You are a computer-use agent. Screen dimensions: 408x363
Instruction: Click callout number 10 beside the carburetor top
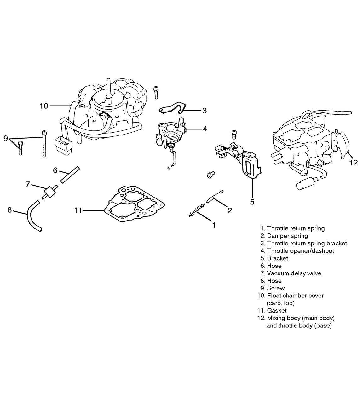pyautogui.click(x=44, y=106)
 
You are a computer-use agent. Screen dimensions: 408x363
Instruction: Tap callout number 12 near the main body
pyautogui.click(x=354, y=163)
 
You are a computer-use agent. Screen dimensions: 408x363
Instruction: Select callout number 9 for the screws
pyautogui.click(x=5, y=138)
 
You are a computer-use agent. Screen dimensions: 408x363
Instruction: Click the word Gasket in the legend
pyautogui.click(x=277, y=311)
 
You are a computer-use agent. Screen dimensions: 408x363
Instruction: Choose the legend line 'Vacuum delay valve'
pyautogui.click(x=294, y=273)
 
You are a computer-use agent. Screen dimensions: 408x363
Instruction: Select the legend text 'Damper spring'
pyautogui.click(x=287, y=236)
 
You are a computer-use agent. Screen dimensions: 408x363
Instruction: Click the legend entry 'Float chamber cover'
pyautogui.click(x=295, y=296)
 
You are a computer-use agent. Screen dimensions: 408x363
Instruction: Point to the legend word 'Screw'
pyautogui.click(x=276, y=288)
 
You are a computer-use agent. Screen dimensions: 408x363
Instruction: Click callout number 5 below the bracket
pyautogui.click(x=252, y=202)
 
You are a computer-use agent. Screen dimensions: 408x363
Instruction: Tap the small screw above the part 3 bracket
pyautogui.click(x=156, y=92)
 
